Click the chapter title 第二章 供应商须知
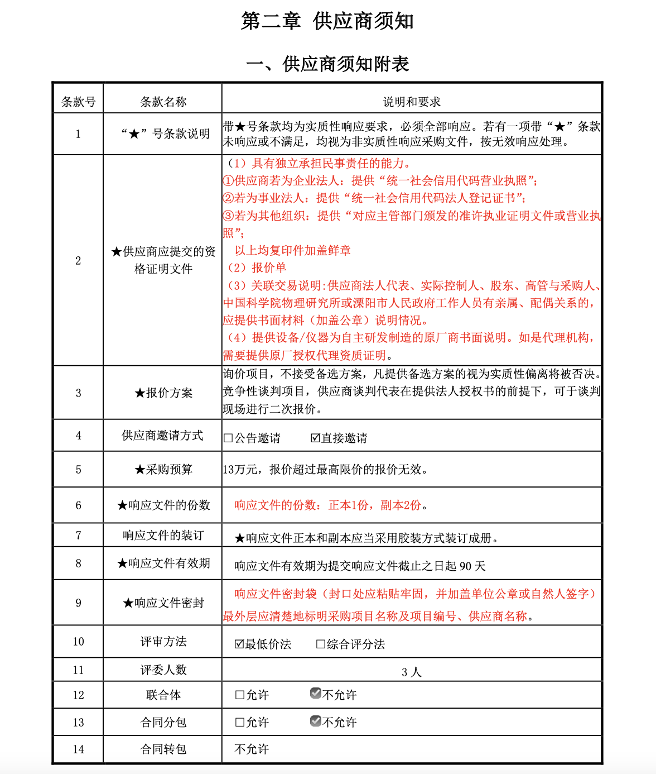click(x=327, y=21)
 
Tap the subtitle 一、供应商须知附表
click(x=327, y=64)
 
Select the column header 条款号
click(x=78, y=102)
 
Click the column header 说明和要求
click(x=412, y=102)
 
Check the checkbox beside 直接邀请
click(x=315, y=438)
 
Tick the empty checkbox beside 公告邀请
click(x=228, y=438)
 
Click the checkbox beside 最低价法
click(x=239, y=644)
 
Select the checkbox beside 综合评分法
click(x=320, y=644)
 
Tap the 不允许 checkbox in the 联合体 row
click(x=316, y=694)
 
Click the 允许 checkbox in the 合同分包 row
click(x=240, y=722)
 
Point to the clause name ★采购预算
click(x=163, y=469)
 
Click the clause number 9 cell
click(x=78, y=603)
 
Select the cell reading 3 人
click(x=412, y=672)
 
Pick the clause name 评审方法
click(x=163, y=642)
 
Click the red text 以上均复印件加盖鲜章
click(x=292, y=250)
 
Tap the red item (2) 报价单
click(x=257, y=267)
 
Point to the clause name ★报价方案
click(x=163, y=393)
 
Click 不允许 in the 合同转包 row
click(x=252, y=749)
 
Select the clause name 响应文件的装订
click(x=163, y=535)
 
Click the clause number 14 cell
click(x=78, y=749)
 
